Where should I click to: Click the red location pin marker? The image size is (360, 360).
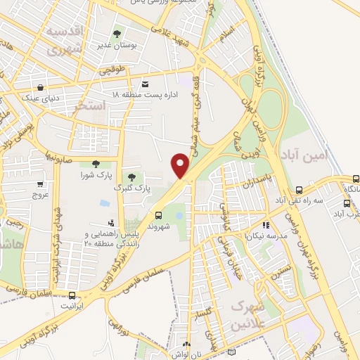181,166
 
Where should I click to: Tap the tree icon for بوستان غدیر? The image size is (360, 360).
117,33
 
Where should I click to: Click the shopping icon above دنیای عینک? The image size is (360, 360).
41,87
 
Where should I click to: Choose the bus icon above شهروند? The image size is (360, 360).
158,215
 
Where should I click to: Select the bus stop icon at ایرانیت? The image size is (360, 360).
72,296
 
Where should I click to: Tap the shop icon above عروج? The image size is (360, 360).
39,185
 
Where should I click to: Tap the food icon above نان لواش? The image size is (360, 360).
186,345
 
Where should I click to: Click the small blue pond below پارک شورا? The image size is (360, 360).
105,203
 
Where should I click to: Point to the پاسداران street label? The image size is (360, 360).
258,181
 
